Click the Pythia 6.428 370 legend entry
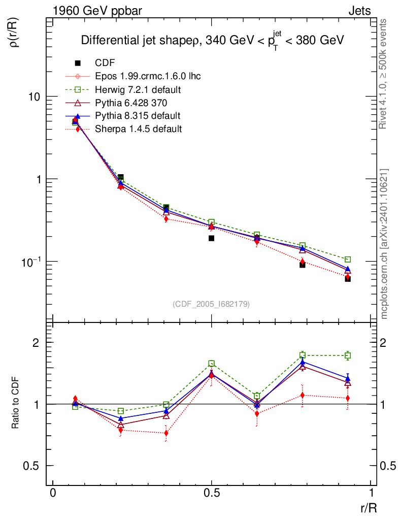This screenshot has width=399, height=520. click(x=131, y=103)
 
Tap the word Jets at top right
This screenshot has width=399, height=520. click(x=359, y=11)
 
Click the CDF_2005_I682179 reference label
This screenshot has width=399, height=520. click(x=211, y=304)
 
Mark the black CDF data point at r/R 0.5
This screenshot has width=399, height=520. click(x=212, y=238)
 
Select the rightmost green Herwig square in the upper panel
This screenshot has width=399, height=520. click(x=348, y=259)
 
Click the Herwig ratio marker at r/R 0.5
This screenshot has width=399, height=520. click(x=212, y=364)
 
